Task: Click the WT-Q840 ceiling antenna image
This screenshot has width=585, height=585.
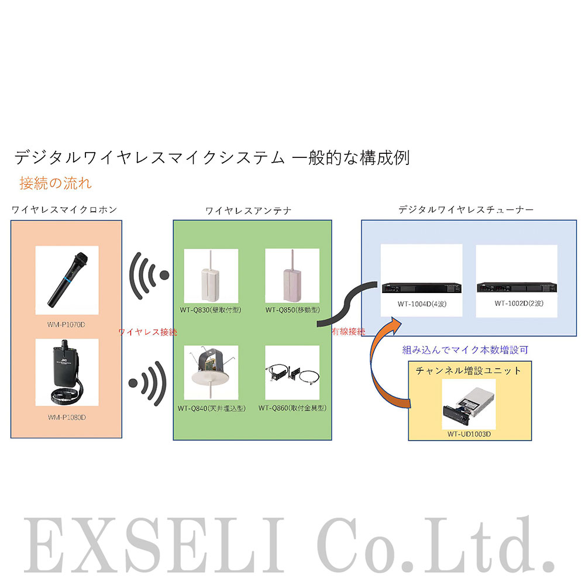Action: (x=211, y=372)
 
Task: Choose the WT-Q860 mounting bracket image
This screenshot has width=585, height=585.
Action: (x=292, y=372)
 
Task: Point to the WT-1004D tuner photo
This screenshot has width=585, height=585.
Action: (x=421, y=287)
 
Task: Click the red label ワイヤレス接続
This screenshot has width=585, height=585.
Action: (x=147, y=332)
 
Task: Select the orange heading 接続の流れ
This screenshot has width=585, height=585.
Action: (x=55, y=183)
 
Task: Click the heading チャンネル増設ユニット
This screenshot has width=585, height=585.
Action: (x=467, y=370)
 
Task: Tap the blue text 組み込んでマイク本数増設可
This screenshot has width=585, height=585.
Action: (x=465, y=350)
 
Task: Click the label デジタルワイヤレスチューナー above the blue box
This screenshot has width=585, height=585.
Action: (x=466, y=209)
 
